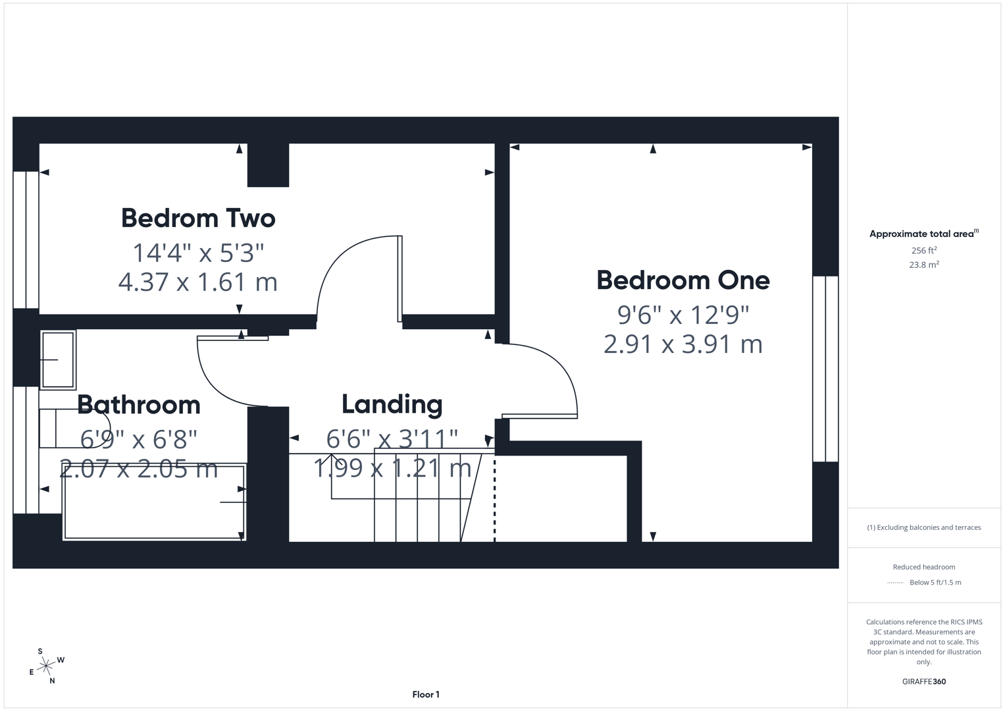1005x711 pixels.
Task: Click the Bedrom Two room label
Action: (198, 218)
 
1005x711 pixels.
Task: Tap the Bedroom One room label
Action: (683, 280)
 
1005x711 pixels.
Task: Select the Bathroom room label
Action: (139, 404)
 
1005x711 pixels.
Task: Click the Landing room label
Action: (392, 404)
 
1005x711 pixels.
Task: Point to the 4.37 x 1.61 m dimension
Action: (198, 282)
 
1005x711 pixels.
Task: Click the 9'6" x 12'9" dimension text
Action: (683, 315)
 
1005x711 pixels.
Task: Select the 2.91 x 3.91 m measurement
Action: (683, 344)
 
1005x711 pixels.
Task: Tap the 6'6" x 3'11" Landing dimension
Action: (392, 438)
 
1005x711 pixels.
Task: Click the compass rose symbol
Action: (46, 667)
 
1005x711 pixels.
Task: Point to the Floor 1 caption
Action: (426, 695)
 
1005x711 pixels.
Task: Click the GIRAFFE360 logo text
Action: (923, 681)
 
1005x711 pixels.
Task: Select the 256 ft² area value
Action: (923, 251)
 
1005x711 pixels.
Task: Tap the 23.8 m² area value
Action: (923, 265)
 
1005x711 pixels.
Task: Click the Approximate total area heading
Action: (923, 234)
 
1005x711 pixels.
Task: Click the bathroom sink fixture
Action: (58, 359)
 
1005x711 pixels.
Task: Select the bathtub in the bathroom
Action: (154, 502)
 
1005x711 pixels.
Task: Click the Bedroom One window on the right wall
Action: (825, 369)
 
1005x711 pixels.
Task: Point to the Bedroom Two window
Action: (26, 240)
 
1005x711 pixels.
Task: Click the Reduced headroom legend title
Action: (923, 567)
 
